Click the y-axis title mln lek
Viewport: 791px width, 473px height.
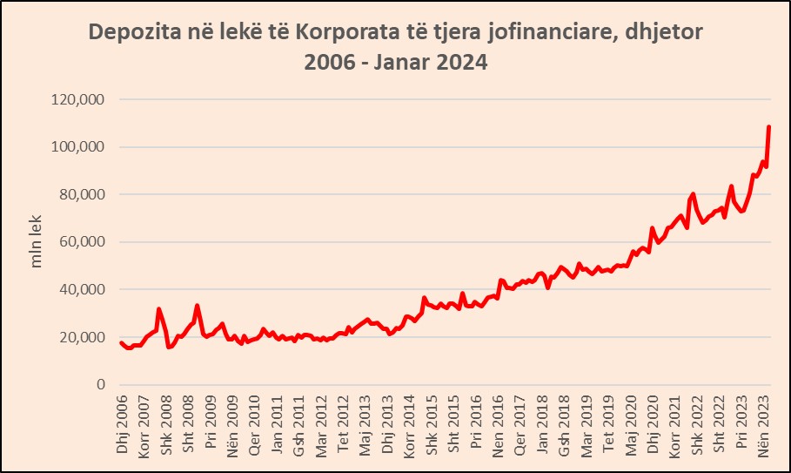(37, 242)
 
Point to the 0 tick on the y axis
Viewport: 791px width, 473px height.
(100, 384)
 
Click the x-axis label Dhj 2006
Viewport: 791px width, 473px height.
(122, 422)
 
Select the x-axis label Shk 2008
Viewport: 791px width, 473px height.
(166, 422)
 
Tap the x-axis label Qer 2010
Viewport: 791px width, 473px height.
(255, 422)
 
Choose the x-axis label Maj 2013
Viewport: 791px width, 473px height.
(365, 422)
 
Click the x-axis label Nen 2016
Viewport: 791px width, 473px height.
(499, 422)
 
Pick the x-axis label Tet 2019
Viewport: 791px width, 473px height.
(609, 422)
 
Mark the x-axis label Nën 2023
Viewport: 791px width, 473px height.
(764, 422)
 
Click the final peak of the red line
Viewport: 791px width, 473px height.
(769, 127)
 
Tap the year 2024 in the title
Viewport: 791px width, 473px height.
(458, 64)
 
